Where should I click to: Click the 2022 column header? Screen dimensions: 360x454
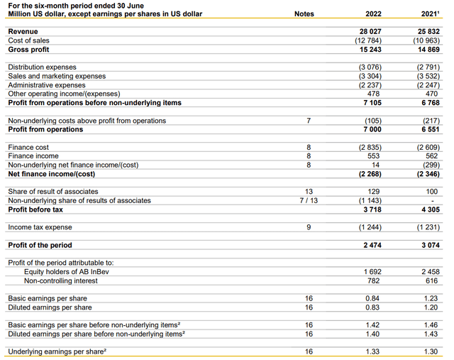tap(373, 13)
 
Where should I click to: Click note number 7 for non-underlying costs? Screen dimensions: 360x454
tap(309, 121)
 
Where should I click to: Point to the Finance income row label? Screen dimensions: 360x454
tap(33, 156)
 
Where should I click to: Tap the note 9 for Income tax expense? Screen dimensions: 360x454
tap(309, 227)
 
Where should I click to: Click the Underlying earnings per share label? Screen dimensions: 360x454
tap(62, 351)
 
